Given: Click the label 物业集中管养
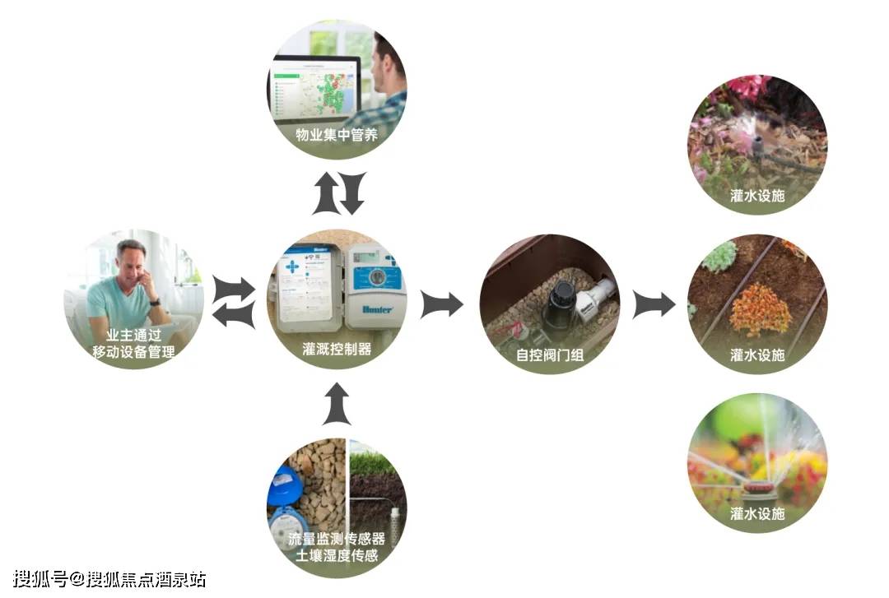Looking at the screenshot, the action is pos(336,135).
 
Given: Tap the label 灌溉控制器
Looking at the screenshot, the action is pos(337,349).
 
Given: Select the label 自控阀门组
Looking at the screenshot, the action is pos(549,355).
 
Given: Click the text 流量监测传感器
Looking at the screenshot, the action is pos(337,539).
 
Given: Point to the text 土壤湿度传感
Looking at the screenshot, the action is pos(337,555).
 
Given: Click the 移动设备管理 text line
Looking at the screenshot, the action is pos(134,352).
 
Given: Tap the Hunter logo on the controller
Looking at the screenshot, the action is pos(377,309).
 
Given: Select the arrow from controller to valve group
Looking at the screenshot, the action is pos(442,304).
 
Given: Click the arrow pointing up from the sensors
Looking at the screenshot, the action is pos(337,404).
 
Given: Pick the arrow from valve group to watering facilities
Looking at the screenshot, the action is pos(654,304).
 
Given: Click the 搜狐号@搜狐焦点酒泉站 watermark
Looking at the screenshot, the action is pos(109,579).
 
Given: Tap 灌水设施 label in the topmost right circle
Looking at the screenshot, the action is pos(757,196).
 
